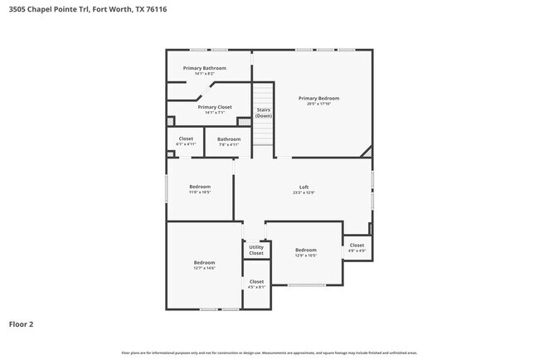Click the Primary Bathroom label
pyautogui.click(x=204, y=68)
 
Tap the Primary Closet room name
pyautogui.click(x=215, y=107)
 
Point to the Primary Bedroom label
pyautogui.click(x=318, y=98)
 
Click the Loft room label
pyautogui.click(x=303, y=187)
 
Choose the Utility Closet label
pyautogui.click(x=256, y=250)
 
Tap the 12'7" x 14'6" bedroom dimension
pyautogui.click(x=204, y=268)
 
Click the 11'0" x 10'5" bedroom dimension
pyautogui.click(x=200, y=192)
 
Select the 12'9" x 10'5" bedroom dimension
pyautogui.click(x=306, y=255)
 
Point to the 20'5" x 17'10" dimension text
pyautogui.click(x=318, y=104)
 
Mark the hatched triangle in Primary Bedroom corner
pyautogui.click(x=367, y=152)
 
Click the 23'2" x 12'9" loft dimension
pyautogui.click(x=303, y=192)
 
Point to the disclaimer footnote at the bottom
pyautogui.click(x=269, y=353)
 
